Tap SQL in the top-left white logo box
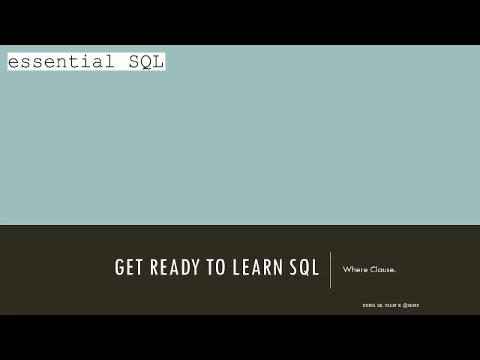146,61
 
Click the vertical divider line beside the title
331,270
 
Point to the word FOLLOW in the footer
390,305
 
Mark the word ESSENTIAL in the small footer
370,305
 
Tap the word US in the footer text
400,305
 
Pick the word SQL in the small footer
380,305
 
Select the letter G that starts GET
119,268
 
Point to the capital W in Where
346,269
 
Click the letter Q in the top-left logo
146,61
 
